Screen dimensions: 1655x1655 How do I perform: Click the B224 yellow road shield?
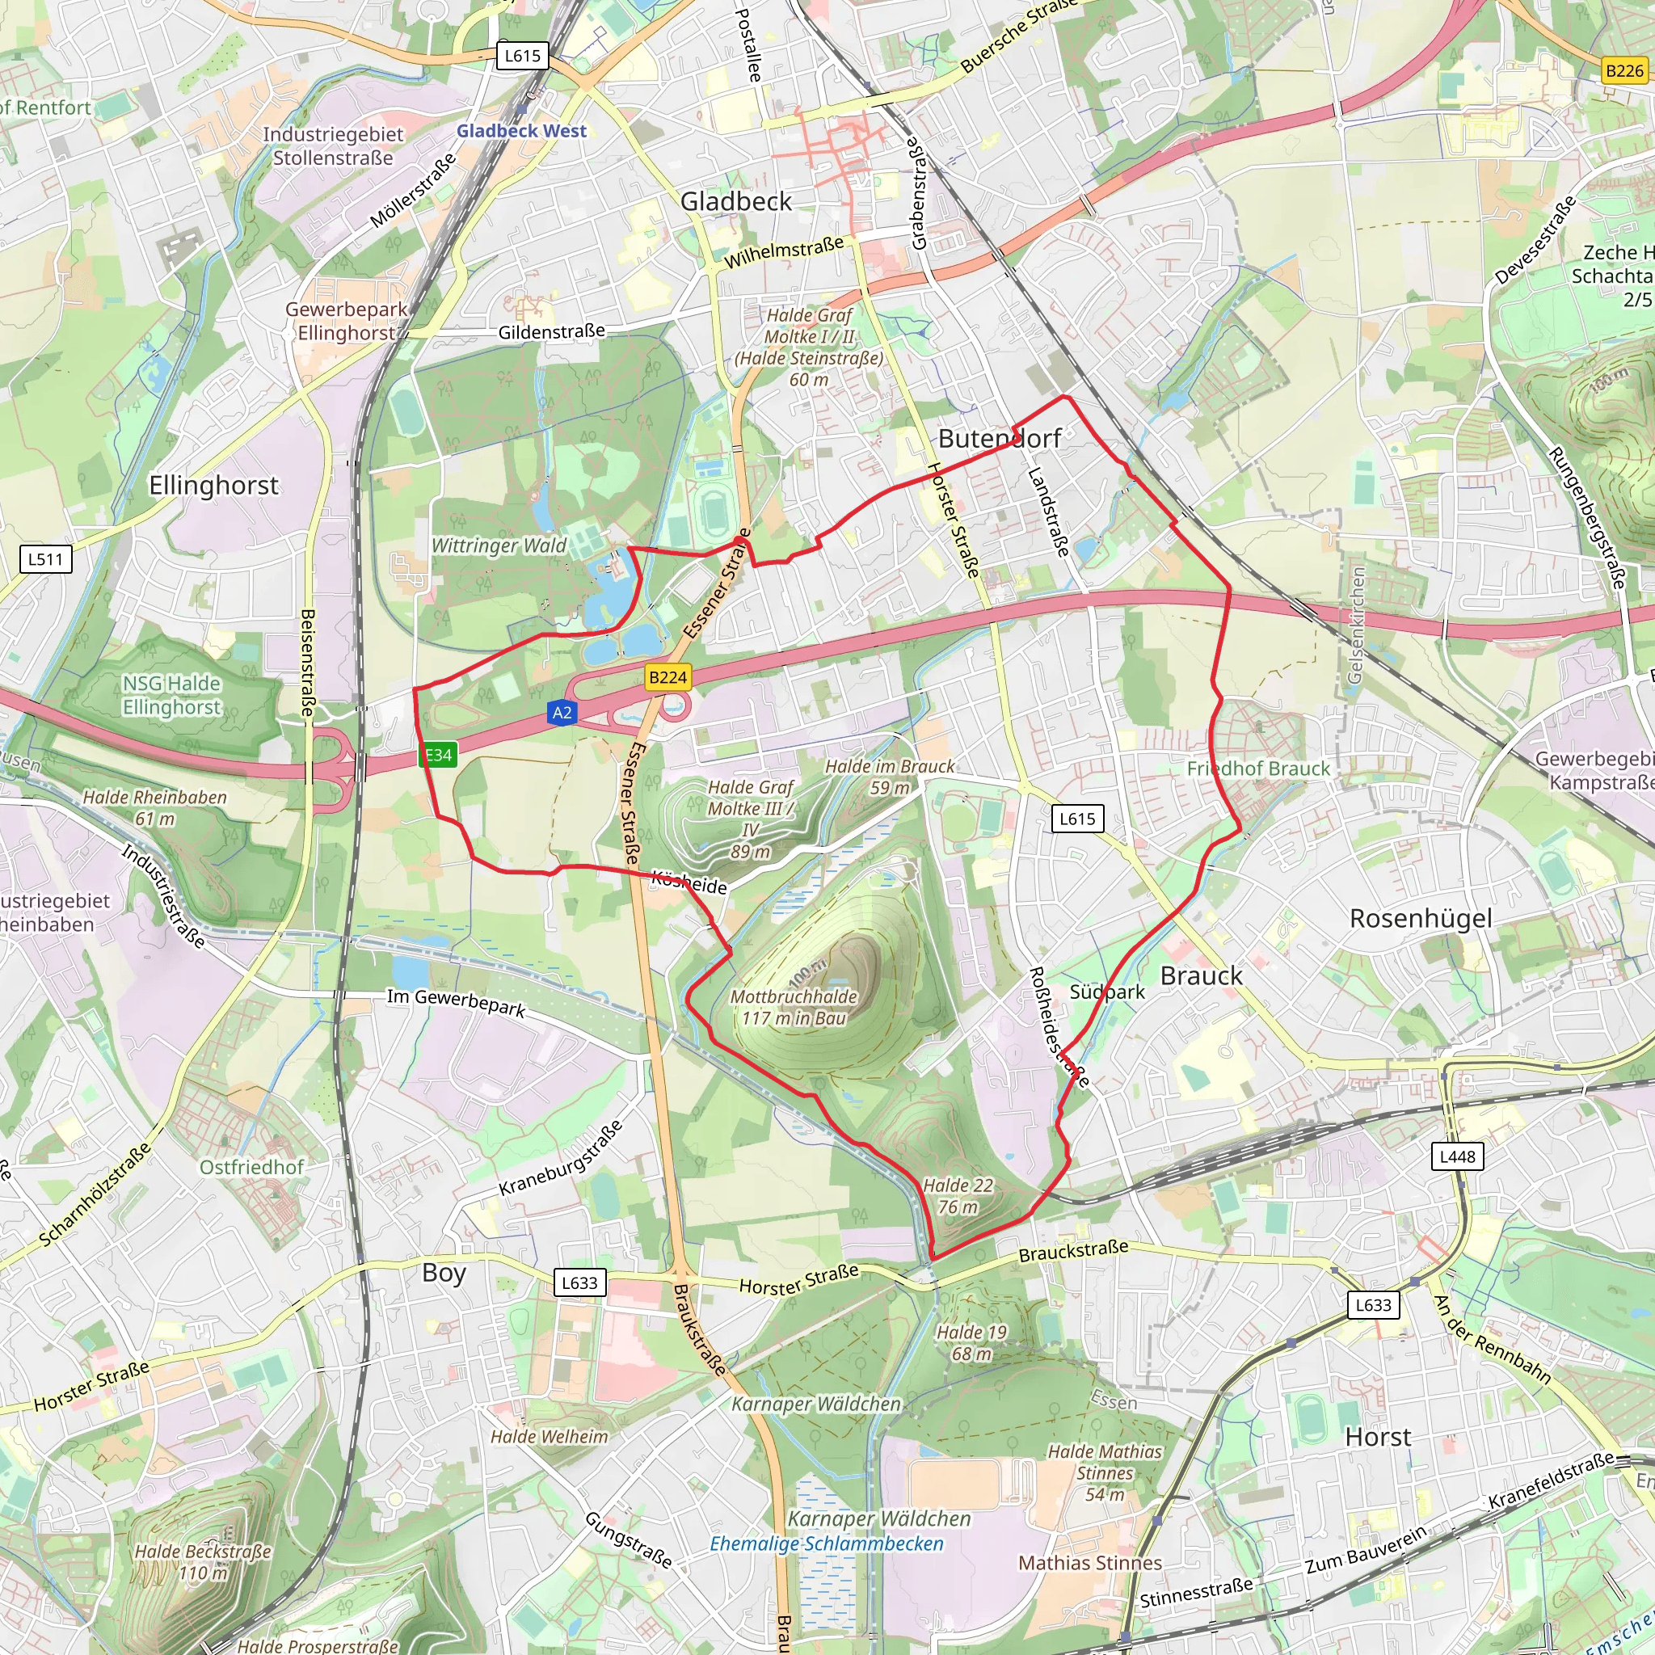(x=667, y=677)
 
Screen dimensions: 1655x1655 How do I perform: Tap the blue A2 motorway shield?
(x=562, y=713)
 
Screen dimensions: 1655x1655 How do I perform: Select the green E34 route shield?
(x=438, y=755)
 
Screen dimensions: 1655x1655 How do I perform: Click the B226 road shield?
(x=1624, y=70)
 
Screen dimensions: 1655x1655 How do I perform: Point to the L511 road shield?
(x=45, y=559)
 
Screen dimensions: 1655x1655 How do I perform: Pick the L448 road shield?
(x=1457, y=1156)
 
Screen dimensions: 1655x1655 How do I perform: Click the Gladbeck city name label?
(x=736, y=201)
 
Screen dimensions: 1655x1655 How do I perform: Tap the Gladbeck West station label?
(x=521, y=131)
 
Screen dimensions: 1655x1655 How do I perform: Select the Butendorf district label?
(x=1000, y=439)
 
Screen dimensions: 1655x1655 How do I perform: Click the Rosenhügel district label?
(x=1421, y=918)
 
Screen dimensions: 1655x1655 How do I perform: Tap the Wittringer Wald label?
(x=499, y=545)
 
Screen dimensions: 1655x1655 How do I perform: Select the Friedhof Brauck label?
(x=1257, y=769)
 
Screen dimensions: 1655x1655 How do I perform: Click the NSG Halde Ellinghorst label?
(x=171, y=695)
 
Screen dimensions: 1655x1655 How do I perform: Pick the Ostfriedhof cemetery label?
(x=252, y=1167)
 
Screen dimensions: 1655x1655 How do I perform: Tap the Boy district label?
(x=444, y=1273)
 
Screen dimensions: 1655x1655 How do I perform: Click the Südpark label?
(x=1107, y=992)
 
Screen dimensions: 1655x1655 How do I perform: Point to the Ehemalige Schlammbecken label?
(x=826, y=1543)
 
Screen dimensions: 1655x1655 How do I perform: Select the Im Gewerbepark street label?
(x=456, y=1002)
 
